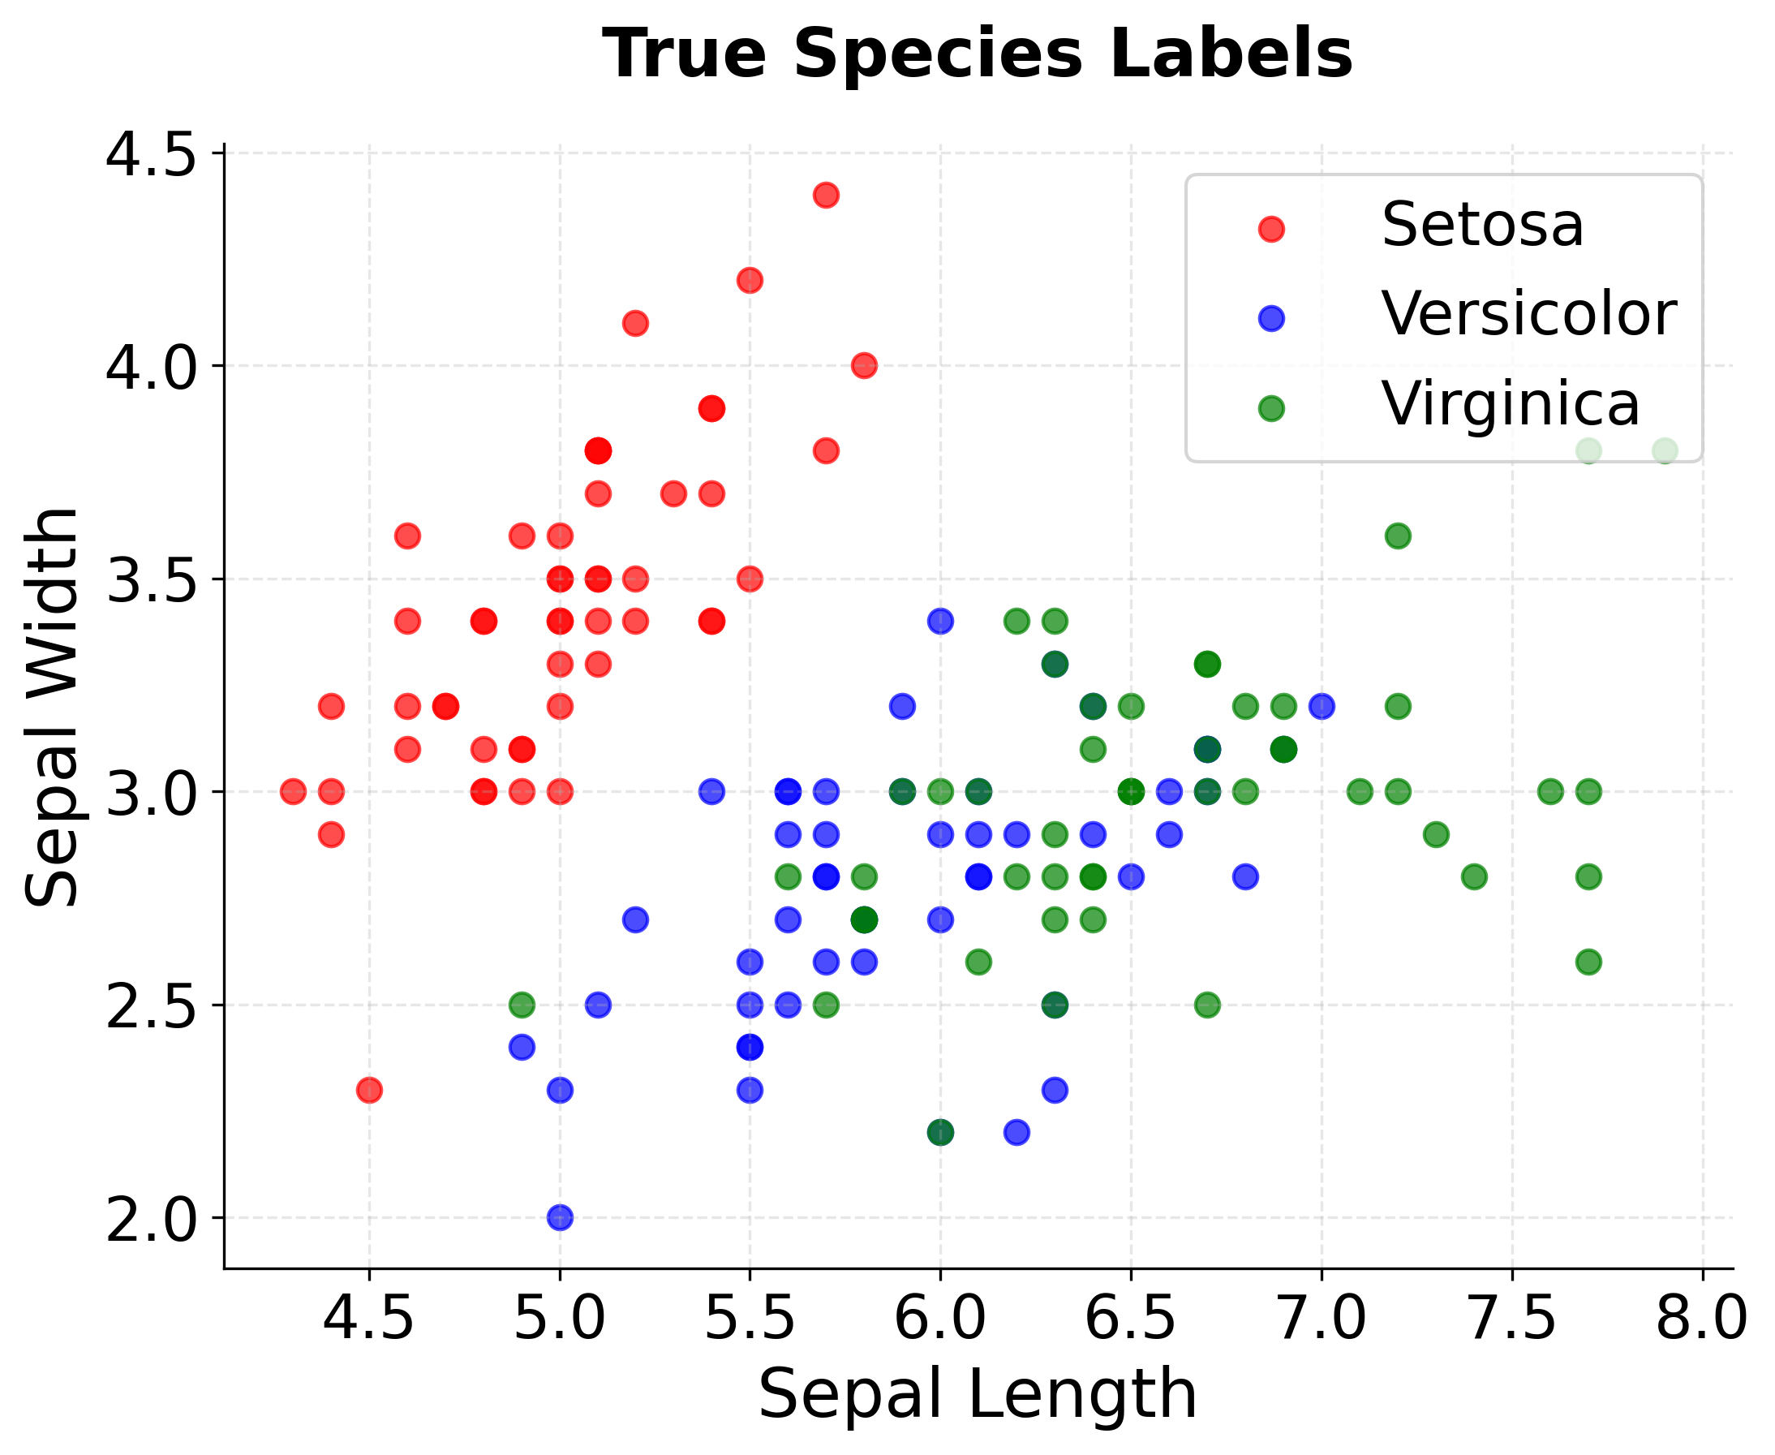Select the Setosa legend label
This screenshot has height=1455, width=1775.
1482,226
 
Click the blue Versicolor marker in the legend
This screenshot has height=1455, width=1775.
1270,318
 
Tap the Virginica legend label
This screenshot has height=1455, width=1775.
1510,405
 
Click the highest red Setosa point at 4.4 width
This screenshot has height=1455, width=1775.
826,196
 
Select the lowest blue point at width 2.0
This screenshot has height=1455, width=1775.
560,1217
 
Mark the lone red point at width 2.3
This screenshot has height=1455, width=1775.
369,1090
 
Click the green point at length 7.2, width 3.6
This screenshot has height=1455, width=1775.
1397,536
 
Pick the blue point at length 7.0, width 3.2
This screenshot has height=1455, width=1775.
1321,706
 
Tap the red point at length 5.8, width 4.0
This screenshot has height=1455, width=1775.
864,365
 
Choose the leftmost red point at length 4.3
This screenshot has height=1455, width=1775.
293,791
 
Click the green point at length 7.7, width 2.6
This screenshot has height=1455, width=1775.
1588,962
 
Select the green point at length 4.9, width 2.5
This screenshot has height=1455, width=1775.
522,1004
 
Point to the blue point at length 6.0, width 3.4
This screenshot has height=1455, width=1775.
940,621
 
